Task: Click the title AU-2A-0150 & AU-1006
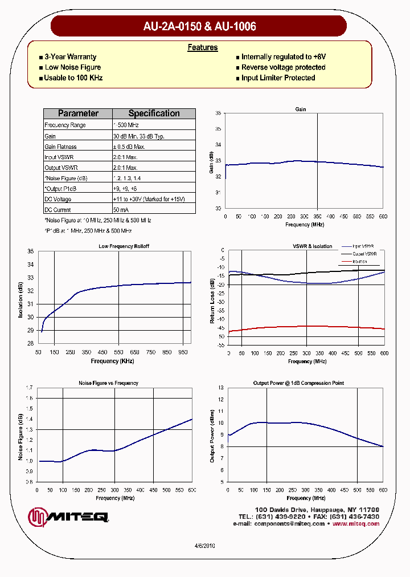point(199,26)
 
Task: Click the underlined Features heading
point(203,47)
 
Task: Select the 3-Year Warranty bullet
point(70,57)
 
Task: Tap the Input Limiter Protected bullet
point(278,78)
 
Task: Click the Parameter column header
point(78,113)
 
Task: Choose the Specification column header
point(154,113)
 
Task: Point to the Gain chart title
point(301,109)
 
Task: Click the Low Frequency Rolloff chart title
point(124,246)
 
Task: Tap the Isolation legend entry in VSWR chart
point(359,262)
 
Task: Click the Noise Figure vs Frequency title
point(108,383)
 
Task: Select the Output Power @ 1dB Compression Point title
point(298,383)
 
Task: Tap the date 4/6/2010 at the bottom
point(204,546)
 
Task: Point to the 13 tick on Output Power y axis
point(221,388)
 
